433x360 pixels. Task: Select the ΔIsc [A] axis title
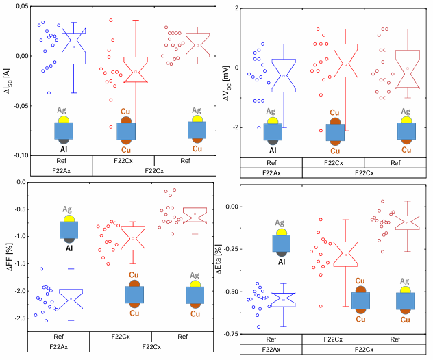tap(6, 81)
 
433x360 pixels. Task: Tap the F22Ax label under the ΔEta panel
tap(270, 349)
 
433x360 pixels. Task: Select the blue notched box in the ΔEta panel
tap(284, 299)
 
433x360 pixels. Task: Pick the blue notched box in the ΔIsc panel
tap(73, 47)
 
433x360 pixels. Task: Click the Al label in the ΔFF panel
tap(69, 249)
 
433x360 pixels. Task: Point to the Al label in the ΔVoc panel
tap(272, 150)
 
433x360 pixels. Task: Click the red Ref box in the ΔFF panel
tap(195, 214)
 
